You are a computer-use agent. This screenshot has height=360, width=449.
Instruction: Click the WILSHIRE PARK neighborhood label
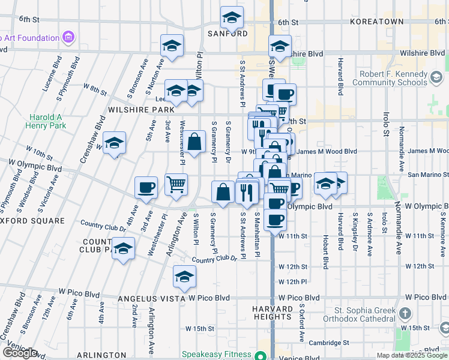pos(141,110)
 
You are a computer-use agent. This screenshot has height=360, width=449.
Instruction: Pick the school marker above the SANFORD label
pos(232,18)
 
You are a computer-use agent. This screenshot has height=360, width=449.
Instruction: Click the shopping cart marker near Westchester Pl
pos(176,185)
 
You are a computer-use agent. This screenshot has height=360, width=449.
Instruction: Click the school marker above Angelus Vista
pos(184,277)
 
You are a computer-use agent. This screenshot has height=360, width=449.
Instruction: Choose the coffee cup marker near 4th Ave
pos(146,188)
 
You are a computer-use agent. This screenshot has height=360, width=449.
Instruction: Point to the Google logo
pos(20,353)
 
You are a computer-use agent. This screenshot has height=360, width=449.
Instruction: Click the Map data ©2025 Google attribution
pos(412,355)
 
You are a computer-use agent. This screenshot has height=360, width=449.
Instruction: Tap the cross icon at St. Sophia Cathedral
pos(405,314)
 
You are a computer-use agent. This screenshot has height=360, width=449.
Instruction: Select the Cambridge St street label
pos(330,343)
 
